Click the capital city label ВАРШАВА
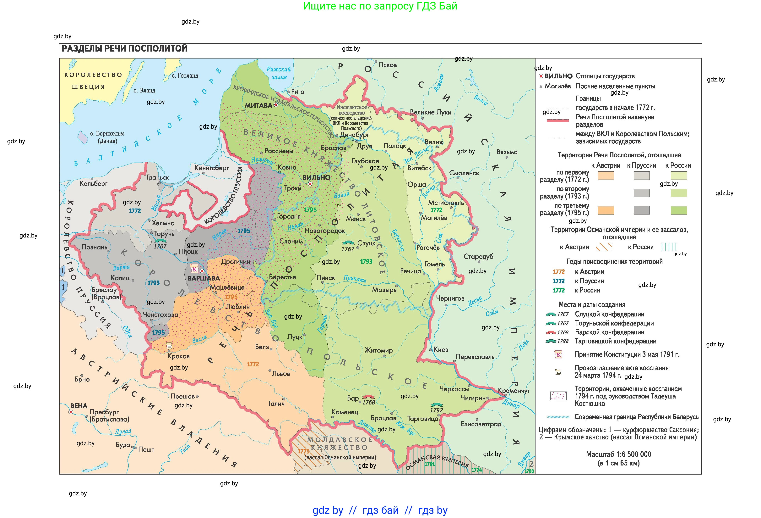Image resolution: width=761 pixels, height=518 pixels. point(203,278)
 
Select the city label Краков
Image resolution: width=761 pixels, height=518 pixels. point(178,356)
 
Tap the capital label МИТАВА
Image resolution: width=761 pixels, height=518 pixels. point(258,105)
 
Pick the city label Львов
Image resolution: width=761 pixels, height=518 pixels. point(281,374)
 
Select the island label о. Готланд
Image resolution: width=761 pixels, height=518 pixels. point(185,76)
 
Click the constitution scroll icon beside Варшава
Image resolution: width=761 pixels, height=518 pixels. point(194,269)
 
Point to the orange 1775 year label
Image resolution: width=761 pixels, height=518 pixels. point(304,451)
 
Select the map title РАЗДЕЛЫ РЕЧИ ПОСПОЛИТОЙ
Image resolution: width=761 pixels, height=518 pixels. point(124,48)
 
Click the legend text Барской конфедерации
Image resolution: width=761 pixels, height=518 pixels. point(609,332)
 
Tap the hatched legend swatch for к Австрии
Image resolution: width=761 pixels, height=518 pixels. point(604,247)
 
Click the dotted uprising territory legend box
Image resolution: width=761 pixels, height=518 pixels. point(558,396)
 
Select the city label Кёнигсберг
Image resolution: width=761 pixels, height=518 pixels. point(212,168)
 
